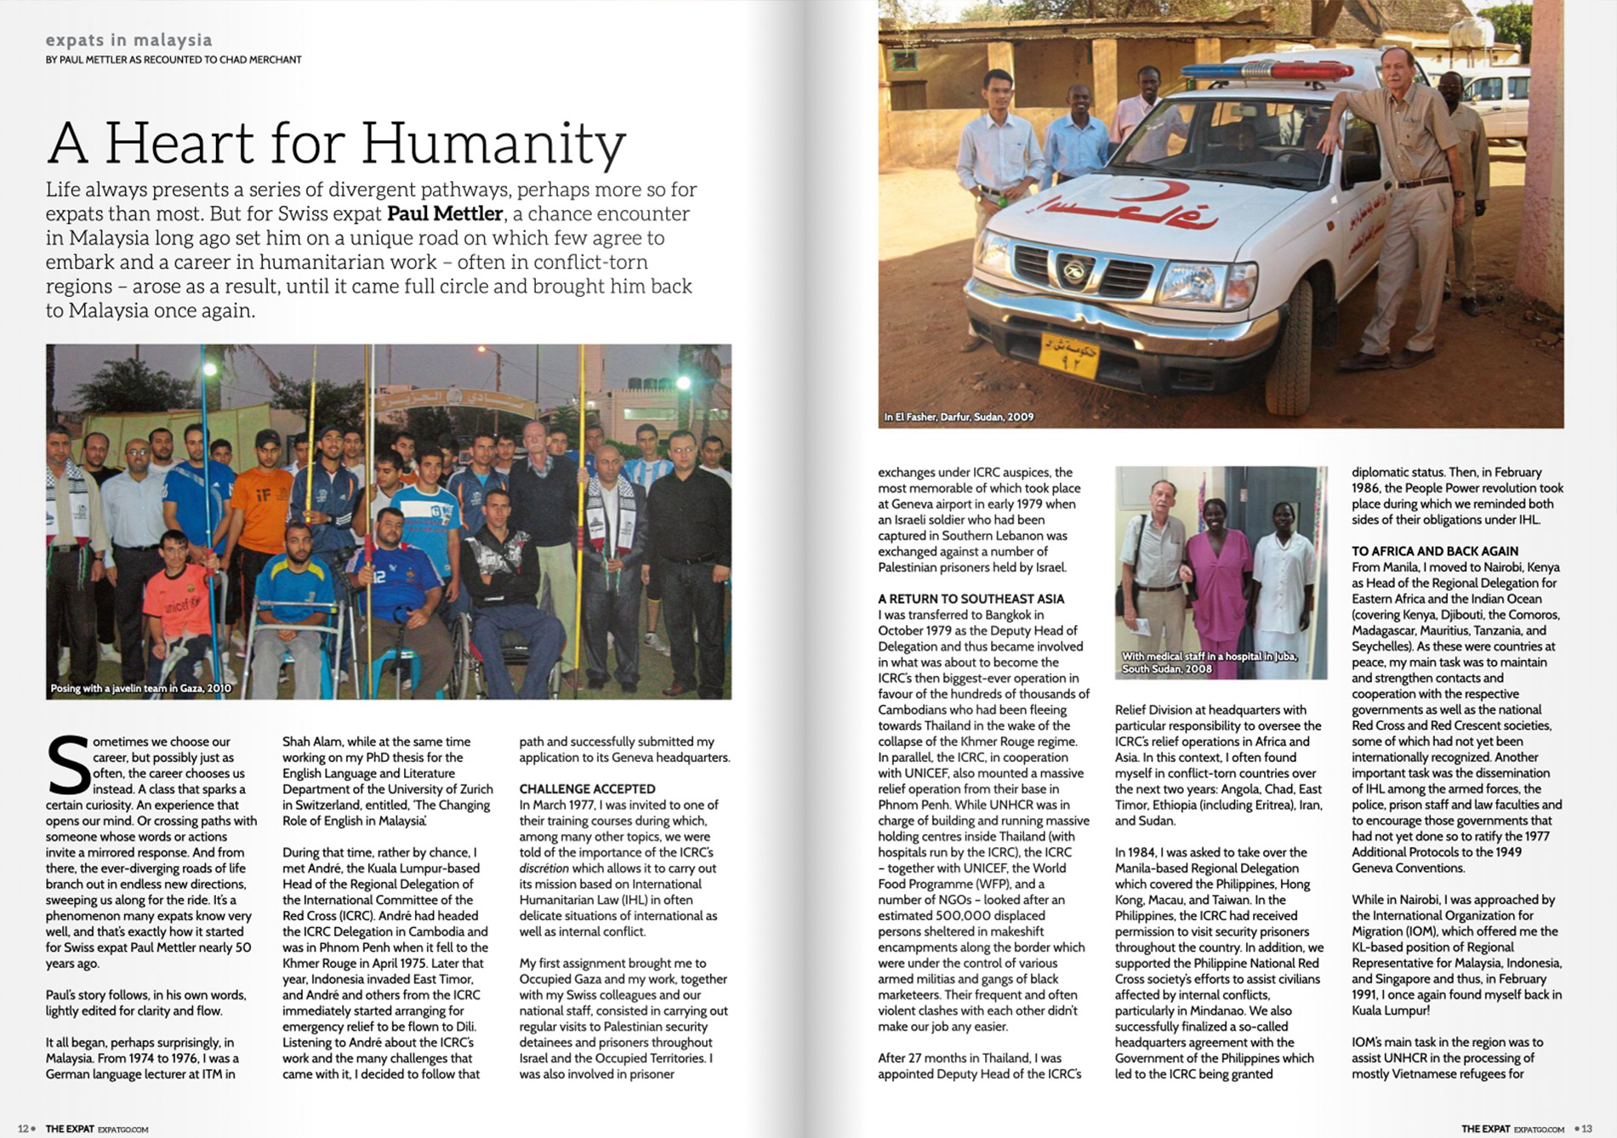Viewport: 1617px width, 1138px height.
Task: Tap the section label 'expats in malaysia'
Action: (129, 40)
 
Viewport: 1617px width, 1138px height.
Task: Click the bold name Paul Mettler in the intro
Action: (444, 213)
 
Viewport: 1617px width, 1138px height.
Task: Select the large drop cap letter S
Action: (67, 765)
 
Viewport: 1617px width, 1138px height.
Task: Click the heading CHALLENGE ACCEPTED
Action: (587, 788)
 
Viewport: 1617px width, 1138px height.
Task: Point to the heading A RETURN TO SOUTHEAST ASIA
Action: (971, 599)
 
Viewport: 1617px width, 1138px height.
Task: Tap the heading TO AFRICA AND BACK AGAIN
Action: (1435, 551)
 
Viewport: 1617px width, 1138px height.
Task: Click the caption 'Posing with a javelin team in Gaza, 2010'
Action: (140, 688)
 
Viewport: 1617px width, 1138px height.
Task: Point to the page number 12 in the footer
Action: (23, 1129)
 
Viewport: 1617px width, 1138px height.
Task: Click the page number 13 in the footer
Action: (1586, 1129)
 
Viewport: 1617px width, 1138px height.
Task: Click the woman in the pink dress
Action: (1218, 578)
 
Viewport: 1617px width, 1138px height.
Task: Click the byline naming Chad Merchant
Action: (174, 60)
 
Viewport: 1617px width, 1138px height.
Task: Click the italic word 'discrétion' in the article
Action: (544, 868)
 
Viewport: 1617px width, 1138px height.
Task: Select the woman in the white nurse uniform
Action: (1283, 578)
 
